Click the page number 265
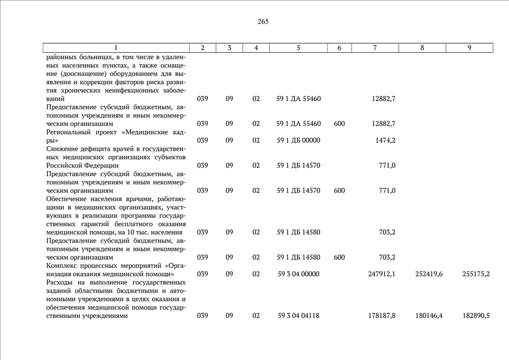(x=263, y=21)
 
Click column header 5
(x=299, y=48)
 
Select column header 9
(x=469, y=48)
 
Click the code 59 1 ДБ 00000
(x=299, y=140)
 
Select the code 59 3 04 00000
(x=299, y=274)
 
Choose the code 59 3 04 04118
(x=299, y=316)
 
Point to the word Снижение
(x=62, y=149)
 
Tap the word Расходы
(x=60, y=282)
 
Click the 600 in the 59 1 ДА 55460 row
(x=339, y=124)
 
